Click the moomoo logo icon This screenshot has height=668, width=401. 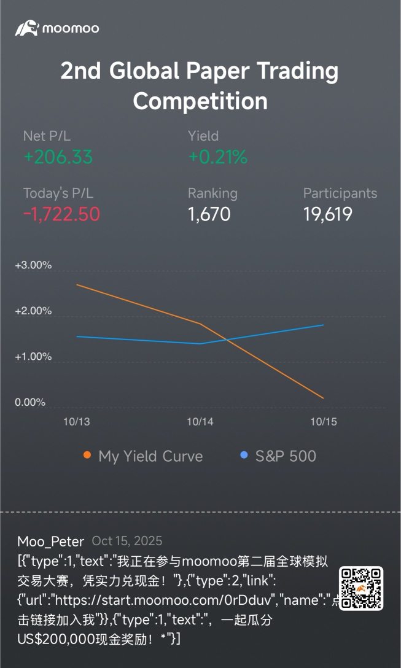coord(27,28)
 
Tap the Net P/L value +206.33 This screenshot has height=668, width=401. coord(58,157)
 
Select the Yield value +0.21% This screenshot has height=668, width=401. coord(217,157)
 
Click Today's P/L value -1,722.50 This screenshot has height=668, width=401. coord(61,214)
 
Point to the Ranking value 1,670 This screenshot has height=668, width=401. coord(209,214)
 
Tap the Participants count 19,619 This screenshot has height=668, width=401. coord(327,214)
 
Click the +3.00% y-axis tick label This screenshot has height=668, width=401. coord(33,266)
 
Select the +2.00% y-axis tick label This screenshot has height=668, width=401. coord(33,311)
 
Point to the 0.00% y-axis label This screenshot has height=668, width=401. coord(30,402)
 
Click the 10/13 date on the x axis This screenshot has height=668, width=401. coord(77,422)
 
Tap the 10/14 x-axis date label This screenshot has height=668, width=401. coord(200,422)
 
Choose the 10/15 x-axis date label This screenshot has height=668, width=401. coord(324,422)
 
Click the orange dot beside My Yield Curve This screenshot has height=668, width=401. coord(87,456)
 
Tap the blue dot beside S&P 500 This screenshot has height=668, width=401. coord(244,456)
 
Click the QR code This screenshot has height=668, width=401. coord(361,588)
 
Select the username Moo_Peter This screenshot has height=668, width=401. coord(51,542)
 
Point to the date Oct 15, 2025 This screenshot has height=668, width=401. coord(127,541)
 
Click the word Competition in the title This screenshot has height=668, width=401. coord(200,101)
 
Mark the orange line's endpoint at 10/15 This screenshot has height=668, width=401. coord(324,398)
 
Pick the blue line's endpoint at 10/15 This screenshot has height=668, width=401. coord(324,325)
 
